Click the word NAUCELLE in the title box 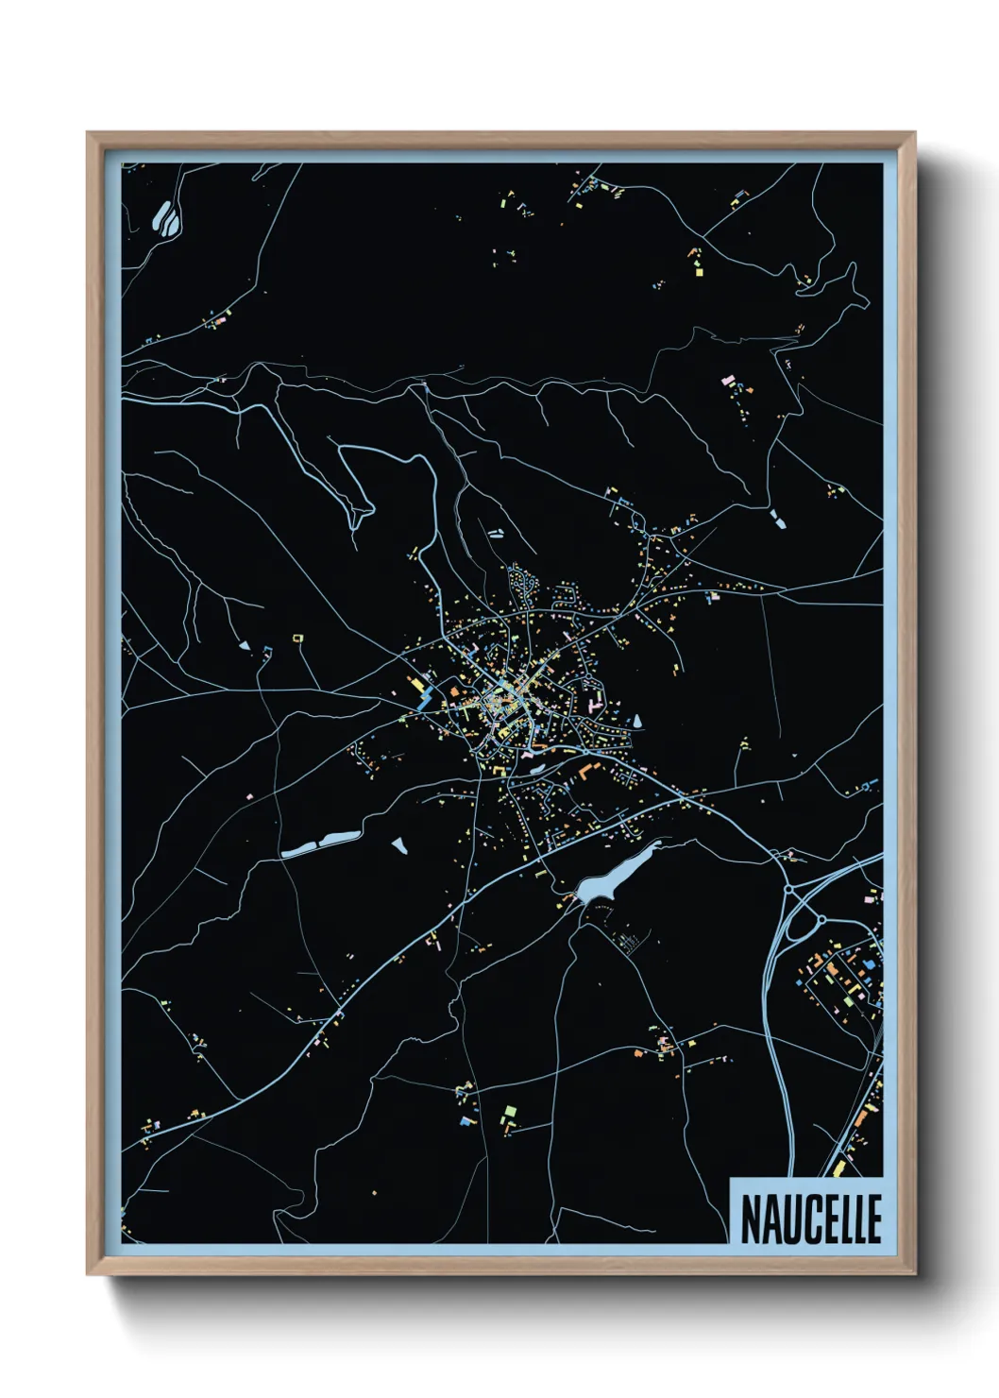tap(810, 1219)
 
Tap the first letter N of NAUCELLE tap(750, 1219)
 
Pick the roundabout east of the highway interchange tap(821, 918)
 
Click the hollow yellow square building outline tap(298, 639)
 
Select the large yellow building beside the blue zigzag tap(414, 683)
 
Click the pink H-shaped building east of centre tap(595, 704)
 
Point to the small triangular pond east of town tap(637, 721)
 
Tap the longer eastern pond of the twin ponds tap(339, 837)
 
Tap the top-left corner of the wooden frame tap(88, 134)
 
